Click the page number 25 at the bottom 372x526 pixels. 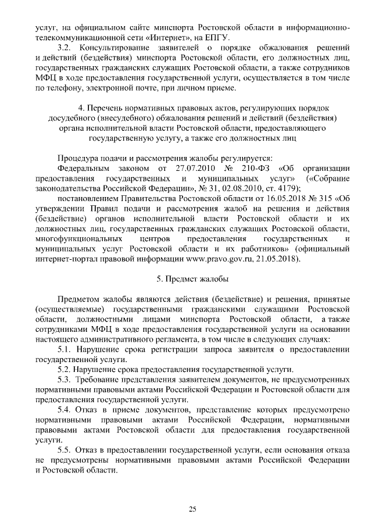click(192, 509)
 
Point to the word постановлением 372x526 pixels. click(90, 199)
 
